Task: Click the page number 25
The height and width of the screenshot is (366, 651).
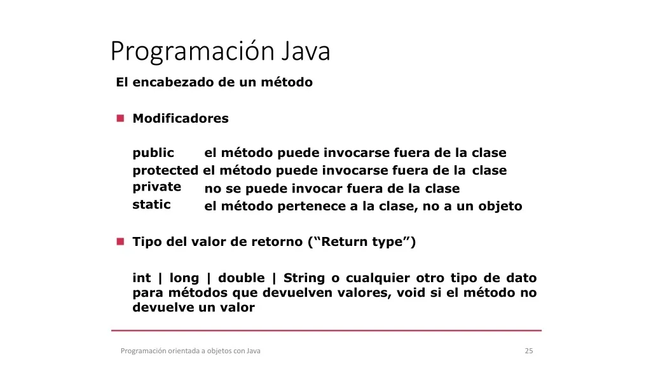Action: tap(529, 351)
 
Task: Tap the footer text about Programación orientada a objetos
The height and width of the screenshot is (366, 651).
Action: tap(191, 351)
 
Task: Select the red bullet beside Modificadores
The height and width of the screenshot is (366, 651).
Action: tap(120, 118)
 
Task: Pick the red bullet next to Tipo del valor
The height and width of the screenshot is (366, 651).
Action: tap(120, 241)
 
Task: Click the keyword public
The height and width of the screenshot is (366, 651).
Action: tap(153, 153)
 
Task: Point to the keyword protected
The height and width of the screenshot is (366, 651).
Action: tap(165, 170)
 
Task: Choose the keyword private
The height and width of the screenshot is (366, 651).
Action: tap(157, 187)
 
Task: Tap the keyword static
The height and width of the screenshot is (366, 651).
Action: tap(151, 205)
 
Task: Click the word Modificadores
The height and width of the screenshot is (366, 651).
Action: tap(181, 118)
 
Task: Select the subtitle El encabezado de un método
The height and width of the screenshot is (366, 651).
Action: tap(214, 82)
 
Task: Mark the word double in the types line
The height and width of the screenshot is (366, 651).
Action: tap(241, 278)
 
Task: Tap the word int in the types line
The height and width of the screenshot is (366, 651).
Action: tap(142, 278)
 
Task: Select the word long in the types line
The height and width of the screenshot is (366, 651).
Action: tap(184, 278)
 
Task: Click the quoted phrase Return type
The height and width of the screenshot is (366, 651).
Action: tap(362, 242)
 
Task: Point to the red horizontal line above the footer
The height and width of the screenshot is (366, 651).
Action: tap(326, 330)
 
